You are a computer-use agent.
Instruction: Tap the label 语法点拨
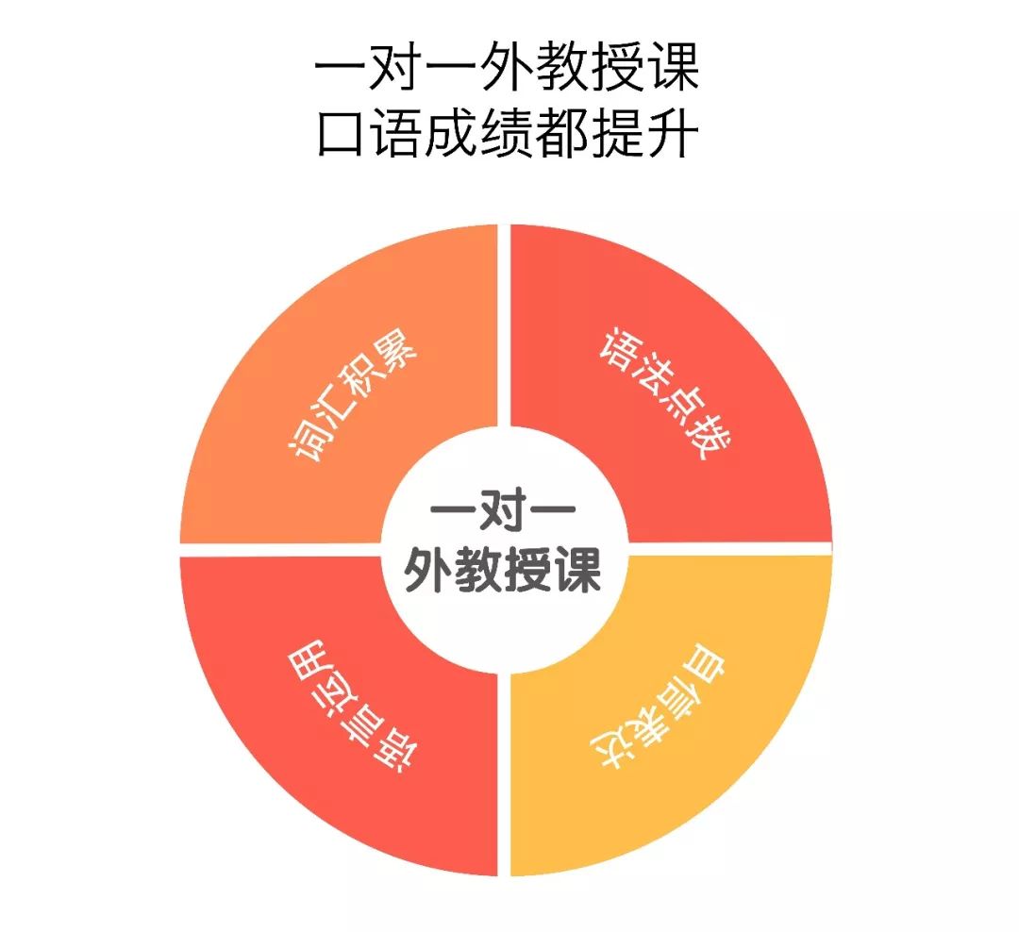coord(665,393)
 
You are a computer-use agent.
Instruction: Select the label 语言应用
coord(354,706)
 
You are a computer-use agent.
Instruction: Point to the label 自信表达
coord(658,706)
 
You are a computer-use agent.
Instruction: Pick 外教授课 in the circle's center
coord(502,570)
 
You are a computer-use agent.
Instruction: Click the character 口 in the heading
coord(340,134)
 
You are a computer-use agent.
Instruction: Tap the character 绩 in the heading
coord(506,134)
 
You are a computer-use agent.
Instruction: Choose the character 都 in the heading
coord(561,134)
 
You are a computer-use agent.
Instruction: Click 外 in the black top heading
coord(506,66)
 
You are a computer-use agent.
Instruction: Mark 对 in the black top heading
coord(394,66)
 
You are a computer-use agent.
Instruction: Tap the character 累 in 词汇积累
coord(396,351)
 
